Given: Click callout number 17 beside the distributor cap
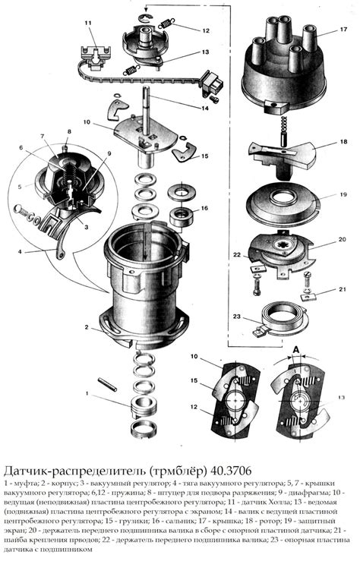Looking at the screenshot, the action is tap(343, 30).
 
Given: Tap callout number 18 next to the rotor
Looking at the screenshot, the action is tap(343, 142).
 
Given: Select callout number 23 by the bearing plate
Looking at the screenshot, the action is tap(236, 317).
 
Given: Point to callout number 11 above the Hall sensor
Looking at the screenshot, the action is tap(88, 24).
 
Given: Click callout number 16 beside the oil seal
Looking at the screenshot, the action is tap(204, 208).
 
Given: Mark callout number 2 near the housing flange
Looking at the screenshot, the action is tap(87, 326).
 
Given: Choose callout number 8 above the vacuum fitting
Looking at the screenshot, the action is tap(69, 131).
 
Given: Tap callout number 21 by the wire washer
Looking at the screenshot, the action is tap(343, 289).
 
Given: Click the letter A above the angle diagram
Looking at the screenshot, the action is tap(296, 349).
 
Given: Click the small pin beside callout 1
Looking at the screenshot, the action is tap(108, 383).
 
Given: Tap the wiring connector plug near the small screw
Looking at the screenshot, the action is tap(213, 81).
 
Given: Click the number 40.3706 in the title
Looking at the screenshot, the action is tap(231, 469).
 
